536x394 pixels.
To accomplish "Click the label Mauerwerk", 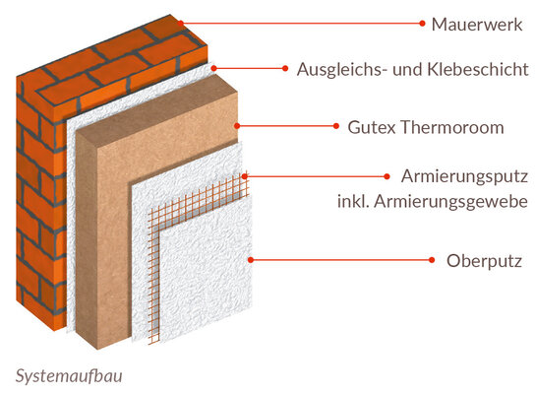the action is coord(477,25).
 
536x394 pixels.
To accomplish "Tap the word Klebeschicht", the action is coord(478,69).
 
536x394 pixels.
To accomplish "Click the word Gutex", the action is coord(373,127).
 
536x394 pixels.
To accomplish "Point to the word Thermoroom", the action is coord(452,127).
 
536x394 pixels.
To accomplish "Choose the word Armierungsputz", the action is coord(464,177).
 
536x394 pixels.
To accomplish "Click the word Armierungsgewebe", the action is coord(450,202).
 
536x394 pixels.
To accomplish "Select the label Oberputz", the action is coord(484,261).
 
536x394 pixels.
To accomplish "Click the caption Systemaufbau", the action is coord(69,376).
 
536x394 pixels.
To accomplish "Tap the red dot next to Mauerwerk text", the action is coord(422,24).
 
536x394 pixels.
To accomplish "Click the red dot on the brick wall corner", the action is coord(181,24).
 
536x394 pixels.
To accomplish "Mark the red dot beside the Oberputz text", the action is coord(432,260).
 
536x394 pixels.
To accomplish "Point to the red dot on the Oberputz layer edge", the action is coord(251,260).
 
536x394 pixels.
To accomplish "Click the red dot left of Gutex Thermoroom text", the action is coord(336,126).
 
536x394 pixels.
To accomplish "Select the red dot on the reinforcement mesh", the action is coord(245,176).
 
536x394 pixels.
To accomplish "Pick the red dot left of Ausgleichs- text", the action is coord(285,68).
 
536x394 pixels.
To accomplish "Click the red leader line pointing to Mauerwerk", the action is coord(301,24).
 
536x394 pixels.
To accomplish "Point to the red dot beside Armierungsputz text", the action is coord(387,176).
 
